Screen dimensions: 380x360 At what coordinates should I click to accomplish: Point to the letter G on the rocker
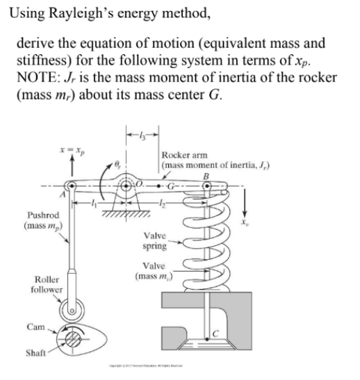tap(171, 187)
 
